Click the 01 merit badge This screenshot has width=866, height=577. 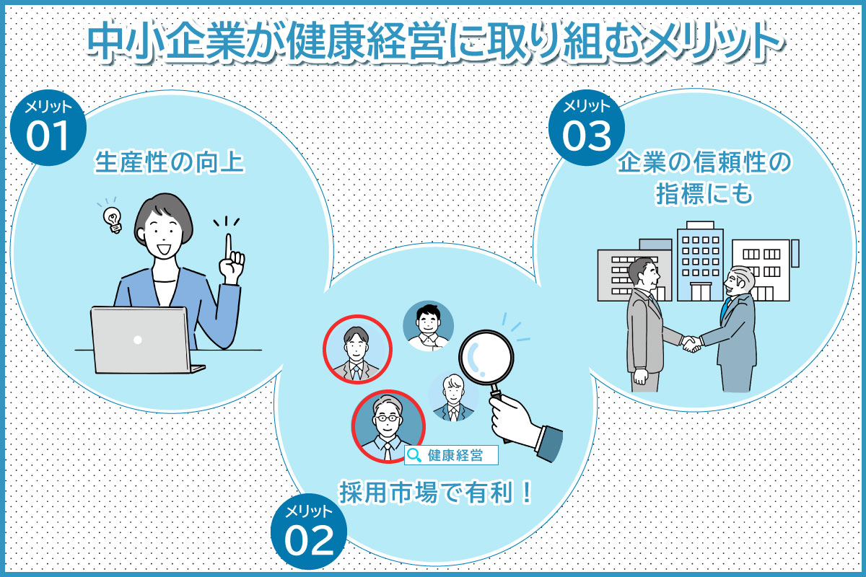(x=49, y=128)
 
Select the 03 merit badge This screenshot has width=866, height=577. (x=586, y=127)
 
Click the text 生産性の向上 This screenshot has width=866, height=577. (x=170, y=164)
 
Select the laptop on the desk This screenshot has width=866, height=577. (x=141, y=339)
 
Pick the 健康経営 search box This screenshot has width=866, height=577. (x=452, y=455)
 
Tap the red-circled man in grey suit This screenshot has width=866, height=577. (x=357, y=350)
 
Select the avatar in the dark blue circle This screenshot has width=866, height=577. (x=428, y=325)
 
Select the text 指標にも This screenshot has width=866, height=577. (x=704, y=194)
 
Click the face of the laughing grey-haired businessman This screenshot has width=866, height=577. (x=739, y=283)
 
